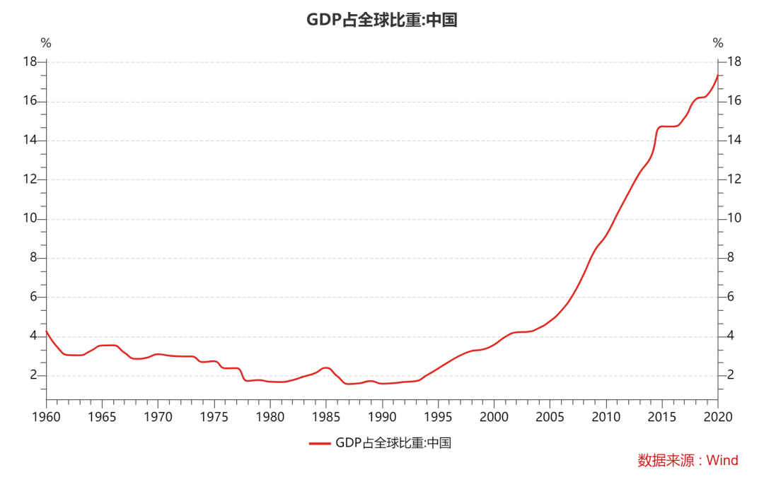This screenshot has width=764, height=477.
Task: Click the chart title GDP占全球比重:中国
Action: coord(382,20)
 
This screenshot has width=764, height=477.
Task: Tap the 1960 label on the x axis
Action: coord(46,416)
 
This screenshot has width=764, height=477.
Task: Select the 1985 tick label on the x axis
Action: coord(326,416)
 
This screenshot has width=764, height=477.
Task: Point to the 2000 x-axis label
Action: coord(494,416)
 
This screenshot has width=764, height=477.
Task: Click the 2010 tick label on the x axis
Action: coord(606,416)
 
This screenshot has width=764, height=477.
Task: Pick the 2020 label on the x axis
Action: coord(718,416)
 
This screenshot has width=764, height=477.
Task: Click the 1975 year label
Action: coord(214,416)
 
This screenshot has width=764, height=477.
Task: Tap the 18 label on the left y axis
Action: coord(30,62)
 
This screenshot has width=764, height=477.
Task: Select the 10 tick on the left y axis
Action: coord(30,219)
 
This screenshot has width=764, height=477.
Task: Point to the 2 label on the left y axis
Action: coord(33,375)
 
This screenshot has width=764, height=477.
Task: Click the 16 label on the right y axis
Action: coord(734,101)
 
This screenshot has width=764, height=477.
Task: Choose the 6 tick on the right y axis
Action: coord(731,297)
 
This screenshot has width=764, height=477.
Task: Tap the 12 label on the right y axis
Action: coord(734,179)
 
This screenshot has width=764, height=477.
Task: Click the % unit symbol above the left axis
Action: coord(46,43)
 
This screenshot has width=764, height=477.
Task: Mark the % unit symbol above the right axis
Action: coord(718,43)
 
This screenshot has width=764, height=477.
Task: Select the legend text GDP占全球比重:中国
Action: coord(393,443)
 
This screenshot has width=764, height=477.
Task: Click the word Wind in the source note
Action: coord(722,461)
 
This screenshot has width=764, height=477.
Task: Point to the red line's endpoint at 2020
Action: coord(718,76)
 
